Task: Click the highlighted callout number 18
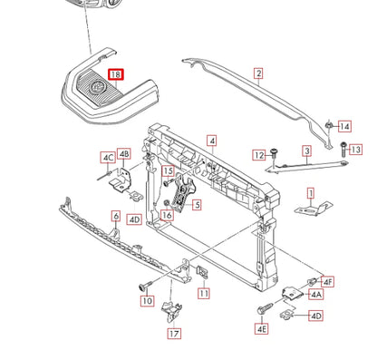(x=116, y=74)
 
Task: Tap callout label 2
(x=258, y=73)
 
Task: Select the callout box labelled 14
(x=344, y=126)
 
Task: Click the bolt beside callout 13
(x=343, y=149)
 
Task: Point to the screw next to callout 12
(x=275, y=153)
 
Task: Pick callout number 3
(x=307, y=151)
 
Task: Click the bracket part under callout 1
(x=313, y=209)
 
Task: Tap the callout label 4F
(x=327, y=282)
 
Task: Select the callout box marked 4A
(x=316, y=294)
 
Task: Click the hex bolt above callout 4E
(x=265, y=308)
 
